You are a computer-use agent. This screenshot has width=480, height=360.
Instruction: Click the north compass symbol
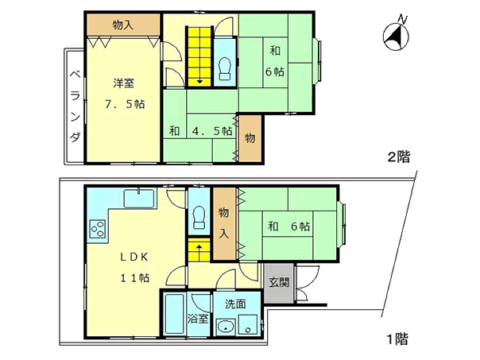tap(396, 36)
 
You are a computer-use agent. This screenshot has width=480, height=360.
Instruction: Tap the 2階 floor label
tap(399, 157)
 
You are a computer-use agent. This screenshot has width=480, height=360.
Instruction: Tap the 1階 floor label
tap(397, 339)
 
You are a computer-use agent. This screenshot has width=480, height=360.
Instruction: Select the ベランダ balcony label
tap(75, 106)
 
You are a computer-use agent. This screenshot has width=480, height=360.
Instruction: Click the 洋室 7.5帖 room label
tap(124, 93)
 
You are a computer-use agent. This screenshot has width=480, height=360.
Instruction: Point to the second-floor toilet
tap(225, 69)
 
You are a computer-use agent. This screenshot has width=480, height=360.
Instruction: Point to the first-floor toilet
tap(199, 217)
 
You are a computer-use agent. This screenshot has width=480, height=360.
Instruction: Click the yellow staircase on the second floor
tap(199, 57)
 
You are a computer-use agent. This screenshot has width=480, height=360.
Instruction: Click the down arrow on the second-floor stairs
tap(199, 80)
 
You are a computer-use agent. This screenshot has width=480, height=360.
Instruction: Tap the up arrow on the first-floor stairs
tap(199, 248)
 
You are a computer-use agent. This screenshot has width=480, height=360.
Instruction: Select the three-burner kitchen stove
tap(98, 229)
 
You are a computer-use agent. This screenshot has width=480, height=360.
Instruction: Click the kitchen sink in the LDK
tap(139, 199)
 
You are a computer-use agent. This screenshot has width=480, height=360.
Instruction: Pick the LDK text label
tap(134, 257)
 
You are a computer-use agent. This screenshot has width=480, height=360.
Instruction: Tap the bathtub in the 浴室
tap(174, 314)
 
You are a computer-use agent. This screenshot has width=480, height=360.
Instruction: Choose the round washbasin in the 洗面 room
tap(226, 327)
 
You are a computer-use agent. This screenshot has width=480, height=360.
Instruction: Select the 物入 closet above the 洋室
tap(123, 25)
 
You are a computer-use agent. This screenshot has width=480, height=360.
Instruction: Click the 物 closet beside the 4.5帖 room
tap(250, 138)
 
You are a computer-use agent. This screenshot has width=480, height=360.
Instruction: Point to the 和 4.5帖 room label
tap(200, 131)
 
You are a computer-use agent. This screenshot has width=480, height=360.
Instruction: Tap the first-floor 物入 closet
tap(224, 223)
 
